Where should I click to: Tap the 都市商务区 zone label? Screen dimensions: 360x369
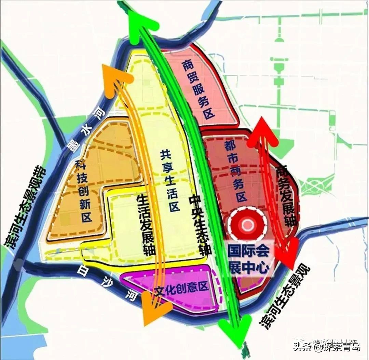pos(236,172)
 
